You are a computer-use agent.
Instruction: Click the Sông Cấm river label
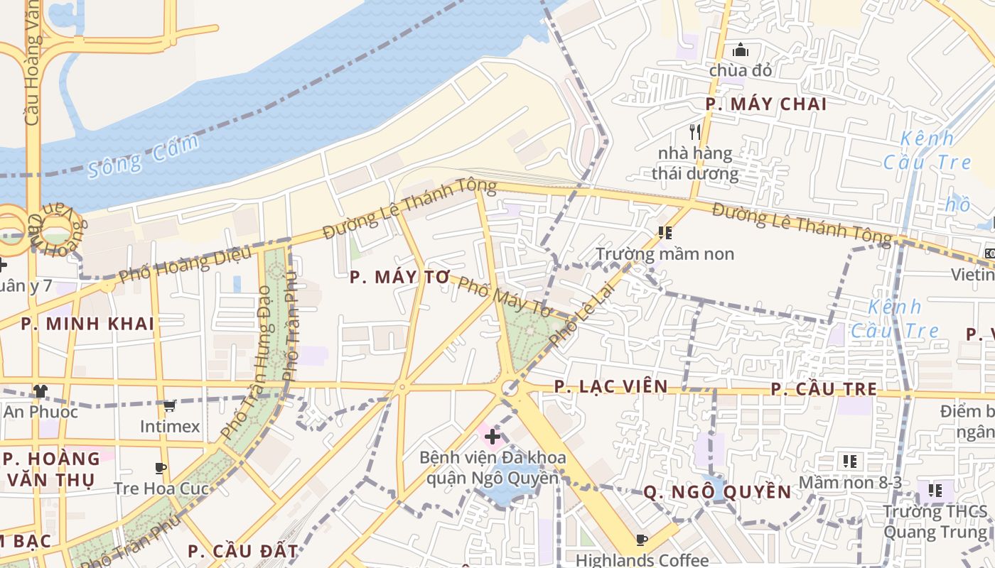tap(143, 157)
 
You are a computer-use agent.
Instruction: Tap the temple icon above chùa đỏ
tap(741, 50)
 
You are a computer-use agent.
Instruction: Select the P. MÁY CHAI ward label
tap(766, 104)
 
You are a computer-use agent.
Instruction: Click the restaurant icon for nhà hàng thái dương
tap(695, 131)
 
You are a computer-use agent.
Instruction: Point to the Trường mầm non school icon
tap(665, 233)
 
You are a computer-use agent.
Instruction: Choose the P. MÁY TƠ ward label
tap(401, 278)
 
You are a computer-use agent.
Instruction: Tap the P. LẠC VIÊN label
tap(611, 387)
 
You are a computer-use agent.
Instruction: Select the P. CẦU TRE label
tap(824, 390)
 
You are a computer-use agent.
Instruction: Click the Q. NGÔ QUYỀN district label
tap(717, 492)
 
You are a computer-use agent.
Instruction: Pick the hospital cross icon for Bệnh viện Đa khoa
tap(492, 436)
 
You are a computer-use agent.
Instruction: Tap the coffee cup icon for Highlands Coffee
tap(642, 540)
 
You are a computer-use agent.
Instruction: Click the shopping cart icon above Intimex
tap(170, 406)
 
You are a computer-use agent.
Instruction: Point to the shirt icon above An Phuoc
tap(41, 391)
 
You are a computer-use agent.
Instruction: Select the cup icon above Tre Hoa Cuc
tap(161, 468)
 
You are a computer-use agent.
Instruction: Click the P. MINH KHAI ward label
tap(87, 324)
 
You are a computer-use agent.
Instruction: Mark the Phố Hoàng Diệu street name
tap(185, 263)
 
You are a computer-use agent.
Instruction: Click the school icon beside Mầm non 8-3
tap(849, 461)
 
